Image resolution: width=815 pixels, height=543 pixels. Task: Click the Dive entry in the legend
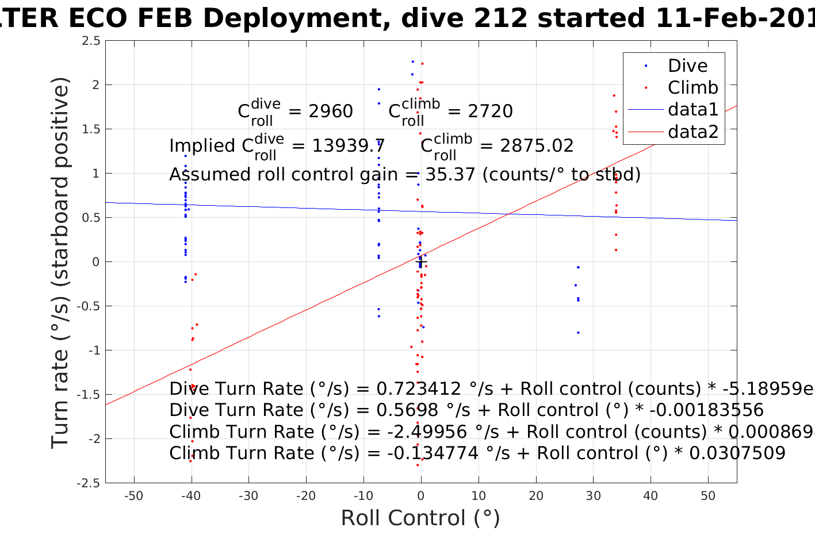[x=687, y=66]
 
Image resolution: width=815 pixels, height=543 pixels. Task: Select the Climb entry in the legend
[x=692, y=87]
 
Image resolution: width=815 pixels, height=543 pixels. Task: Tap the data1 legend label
[x=692, y=109]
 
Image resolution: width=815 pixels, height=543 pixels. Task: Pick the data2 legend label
[x=693, y=132]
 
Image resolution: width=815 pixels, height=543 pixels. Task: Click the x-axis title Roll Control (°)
[x=420, y=518]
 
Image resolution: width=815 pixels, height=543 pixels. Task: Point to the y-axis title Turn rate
[x=61, y=263]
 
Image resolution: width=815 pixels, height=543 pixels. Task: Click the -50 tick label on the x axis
[x=134, y=496]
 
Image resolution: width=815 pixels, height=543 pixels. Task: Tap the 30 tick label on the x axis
[x=593, y=496]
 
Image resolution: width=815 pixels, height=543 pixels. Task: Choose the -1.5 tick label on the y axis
[x=89, y=395]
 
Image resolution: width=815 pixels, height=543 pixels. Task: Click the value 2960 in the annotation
[x=331, y=111]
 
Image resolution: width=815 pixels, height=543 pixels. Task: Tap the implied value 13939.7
[x=349, y=145]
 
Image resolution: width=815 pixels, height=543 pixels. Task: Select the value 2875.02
[x=537, y=145]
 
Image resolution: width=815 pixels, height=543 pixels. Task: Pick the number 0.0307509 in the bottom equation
[x=737, y=453]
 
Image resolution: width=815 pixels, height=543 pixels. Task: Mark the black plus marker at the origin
[x=421, y=262]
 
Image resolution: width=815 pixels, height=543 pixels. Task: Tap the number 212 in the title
[x=504, y=18]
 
